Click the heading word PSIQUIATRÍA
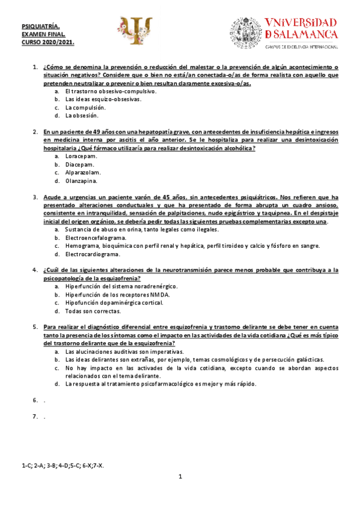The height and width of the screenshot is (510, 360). [x=40, y=26]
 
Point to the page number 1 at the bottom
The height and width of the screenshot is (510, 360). [x=180, y=477]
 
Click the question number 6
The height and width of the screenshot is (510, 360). [x=35, y=399]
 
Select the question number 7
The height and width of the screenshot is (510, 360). [x=35, y=416]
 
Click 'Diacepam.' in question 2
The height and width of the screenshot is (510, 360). [x=81, y=164]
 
